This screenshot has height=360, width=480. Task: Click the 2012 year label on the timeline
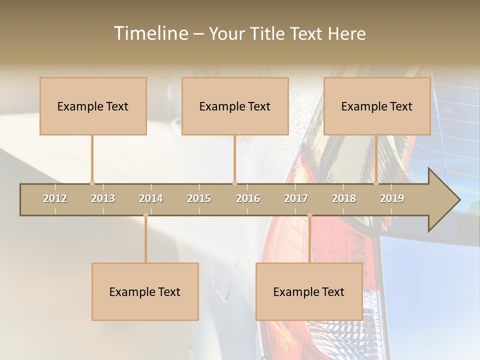click(x=55, y=198)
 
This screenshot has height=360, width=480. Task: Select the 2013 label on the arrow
click(x=103, y=198)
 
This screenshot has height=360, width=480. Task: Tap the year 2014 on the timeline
click(x=151, y=198)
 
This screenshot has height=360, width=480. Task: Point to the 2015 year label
click(x=199, y=198)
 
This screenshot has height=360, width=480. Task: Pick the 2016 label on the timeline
click(x=248, y=198)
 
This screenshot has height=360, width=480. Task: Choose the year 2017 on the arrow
click(x=296, y=198)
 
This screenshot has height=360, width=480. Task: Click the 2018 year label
click(x=344, y=198)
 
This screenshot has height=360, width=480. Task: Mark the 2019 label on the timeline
click(x=392, y=198)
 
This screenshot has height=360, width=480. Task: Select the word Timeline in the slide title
click(x=150, y=33)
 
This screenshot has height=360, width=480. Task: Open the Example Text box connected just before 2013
click(x=93, y=106)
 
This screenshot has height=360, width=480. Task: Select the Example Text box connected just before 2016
click(x=235, y=106)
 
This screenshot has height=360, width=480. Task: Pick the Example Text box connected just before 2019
click(x=377, y=106)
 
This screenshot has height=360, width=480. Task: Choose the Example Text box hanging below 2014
click(x=145, y=291)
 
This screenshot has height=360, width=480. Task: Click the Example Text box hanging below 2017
click(x=309, y=291)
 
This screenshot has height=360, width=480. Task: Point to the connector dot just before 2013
click(x=92, y=183)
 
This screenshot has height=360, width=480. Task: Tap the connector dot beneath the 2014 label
click(x=145, y=215)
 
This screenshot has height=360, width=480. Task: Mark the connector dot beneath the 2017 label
click(x=309, y=215)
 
